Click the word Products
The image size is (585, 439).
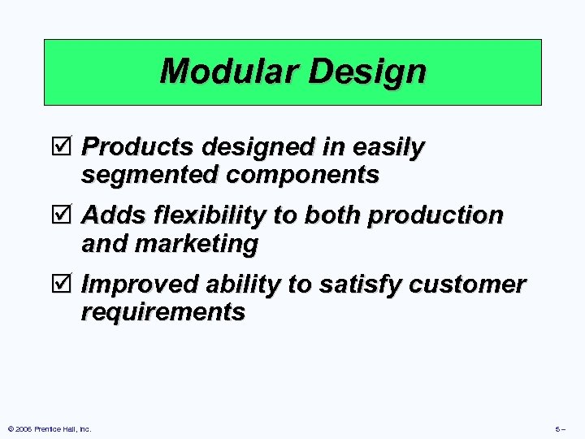[139, 147]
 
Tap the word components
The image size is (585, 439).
[300, 175]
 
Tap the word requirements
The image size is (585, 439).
[163, 311]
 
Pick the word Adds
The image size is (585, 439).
[112, 215]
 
